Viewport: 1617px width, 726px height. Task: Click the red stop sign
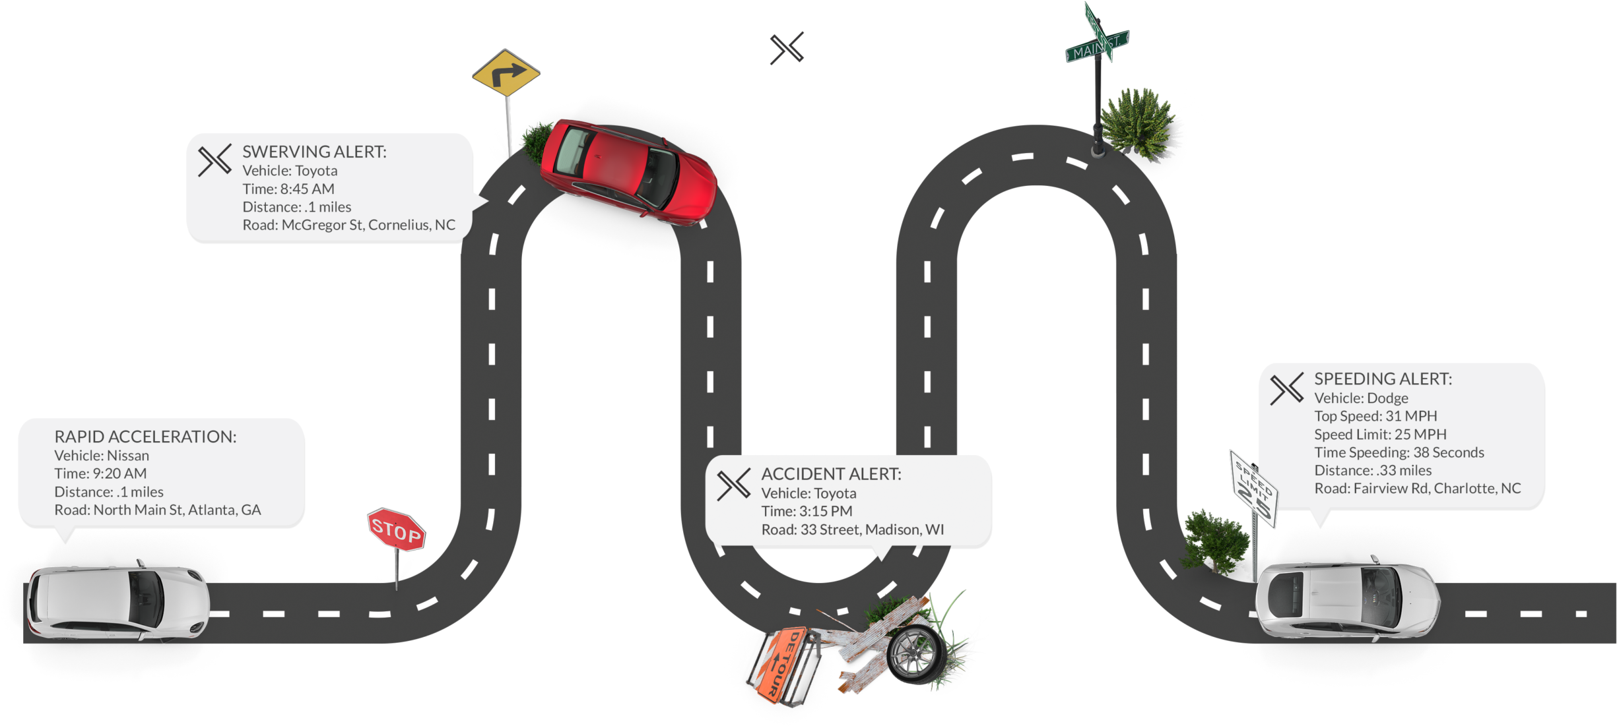[x=396, y=529]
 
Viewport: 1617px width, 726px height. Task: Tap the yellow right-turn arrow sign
[x=506, y=73]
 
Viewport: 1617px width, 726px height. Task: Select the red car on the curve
[x=628, y=171]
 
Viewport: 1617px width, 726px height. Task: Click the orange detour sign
[x=783, y=665]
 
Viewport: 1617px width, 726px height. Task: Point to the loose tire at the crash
[x=917, y=654]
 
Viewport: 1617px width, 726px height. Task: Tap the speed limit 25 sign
[x=1253, y=489]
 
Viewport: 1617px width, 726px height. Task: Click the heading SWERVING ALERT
[x=314, y=152]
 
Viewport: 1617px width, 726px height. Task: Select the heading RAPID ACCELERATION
[x=145, y=437]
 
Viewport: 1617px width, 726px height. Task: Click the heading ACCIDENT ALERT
[x=831, y=474]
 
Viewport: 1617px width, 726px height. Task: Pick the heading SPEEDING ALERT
[x=1383, y=379]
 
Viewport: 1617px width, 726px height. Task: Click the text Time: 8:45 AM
[x=288, y=189]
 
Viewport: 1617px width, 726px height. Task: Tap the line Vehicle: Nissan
[x=102, y=456]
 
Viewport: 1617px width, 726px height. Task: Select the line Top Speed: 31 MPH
[x=1375, y=416]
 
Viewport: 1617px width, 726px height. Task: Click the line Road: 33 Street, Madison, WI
[x=853, y=529]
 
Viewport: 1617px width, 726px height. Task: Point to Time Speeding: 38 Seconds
[x=1399, y=452]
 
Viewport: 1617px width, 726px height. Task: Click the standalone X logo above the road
[x=787, y=48]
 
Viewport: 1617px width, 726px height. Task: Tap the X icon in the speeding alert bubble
[x=1287, y=389]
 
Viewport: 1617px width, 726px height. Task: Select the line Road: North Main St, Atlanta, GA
[x=158, y=510]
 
